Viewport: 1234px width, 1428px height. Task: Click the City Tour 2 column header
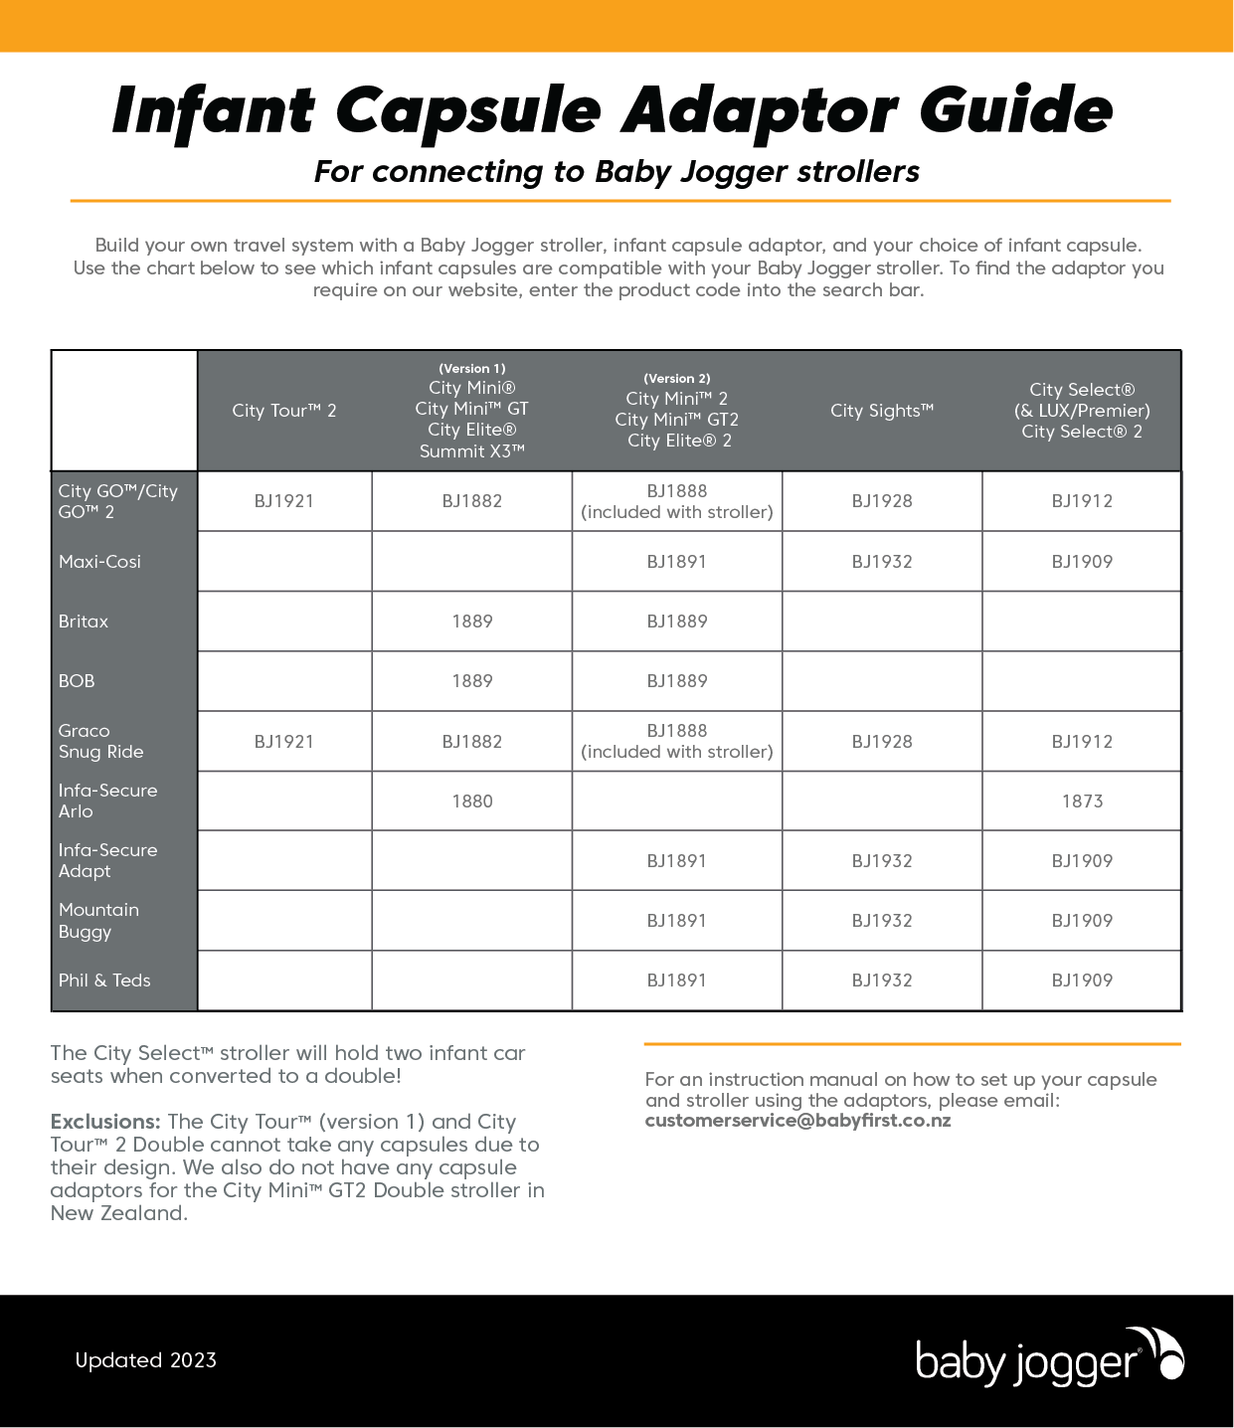[x=284, y=411]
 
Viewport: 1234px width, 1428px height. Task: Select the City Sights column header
[x=882, y=411]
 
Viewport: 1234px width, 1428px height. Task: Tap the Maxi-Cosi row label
[x=99, y=562]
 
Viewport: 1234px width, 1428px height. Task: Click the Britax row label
[x=84, y=622]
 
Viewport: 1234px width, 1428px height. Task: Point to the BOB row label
[x=77, y=681]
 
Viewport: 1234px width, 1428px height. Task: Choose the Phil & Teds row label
[x=104, y=981]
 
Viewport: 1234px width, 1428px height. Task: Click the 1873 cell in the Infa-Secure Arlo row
[x=1082, y=802]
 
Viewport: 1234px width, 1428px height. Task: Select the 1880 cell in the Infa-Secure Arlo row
[x=472, y=802]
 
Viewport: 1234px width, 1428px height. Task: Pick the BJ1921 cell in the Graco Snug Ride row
[x=284, y=742]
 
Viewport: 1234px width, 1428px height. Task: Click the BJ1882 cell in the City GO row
[x=472, y=501]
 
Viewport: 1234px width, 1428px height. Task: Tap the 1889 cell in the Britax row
[x=472, y=622]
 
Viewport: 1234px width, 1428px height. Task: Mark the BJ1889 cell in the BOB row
[x=677, y=681]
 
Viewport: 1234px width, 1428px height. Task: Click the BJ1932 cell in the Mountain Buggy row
[x=882, y=921]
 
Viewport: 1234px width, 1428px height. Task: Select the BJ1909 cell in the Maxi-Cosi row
[x=1082, y=562]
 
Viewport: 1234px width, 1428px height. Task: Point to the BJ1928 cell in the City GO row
[x=882, y=501]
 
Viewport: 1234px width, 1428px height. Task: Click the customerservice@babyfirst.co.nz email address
[x=797, y=1121]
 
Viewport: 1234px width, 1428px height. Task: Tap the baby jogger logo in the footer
[x=1049, y=1358]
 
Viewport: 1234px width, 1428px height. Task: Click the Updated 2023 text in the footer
[x=146, y=1360]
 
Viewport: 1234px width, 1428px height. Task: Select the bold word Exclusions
[x=105, y=1122]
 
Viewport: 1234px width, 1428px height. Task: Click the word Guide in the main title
[x=1015, y=109]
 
